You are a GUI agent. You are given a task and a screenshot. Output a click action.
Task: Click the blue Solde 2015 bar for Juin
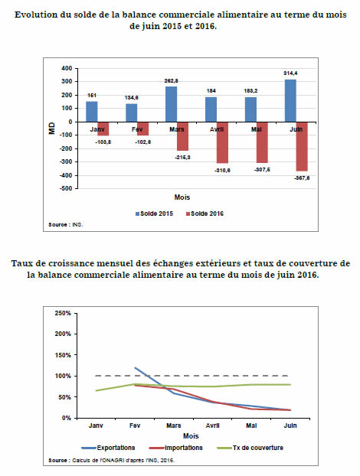tap(290, 101)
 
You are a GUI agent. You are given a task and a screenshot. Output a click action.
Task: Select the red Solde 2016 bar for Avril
tap(222, 142)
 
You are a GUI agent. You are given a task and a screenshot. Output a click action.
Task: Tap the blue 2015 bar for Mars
tap(171, 104)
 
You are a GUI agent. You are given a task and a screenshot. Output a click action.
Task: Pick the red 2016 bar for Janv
tap(103, 129)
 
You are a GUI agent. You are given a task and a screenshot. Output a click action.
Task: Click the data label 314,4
tap(290, 73)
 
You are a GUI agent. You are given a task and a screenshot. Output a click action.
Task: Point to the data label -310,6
tap(222, 171)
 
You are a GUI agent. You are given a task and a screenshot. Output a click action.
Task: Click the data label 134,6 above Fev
tap(132, 97)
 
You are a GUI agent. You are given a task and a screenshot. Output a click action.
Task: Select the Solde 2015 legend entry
tap(154, 214)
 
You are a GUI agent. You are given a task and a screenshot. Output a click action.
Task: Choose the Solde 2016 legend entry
tap(205, 214)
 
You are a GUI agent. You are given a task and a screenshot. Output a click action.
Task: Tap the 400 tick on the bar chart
tap(67, 68)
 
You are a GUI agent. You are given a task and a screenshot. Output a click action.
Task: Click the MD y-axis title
tap(52, 128)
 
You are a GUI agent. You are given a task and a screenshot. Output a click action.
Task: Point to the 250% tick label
tap(63, 313)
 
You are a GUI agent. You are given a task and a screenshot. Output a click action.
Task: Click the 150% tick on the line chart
tap(63, 355)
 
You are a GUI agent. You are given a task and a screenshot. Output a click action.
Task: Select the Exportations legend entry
tap(108, 448)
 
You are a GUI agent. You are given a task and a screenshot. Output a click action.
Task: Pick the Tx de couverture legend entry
tap(250, 448)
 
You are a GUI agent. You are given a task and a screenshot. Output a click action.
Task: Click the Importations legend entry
tap(176, 448)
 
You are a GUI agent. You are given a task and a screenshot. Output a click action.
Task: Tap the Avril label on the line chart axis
tap(212, 425)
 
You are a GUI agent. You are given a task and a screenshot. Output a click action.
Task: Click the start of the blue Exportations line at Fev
tap(135, 368)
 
